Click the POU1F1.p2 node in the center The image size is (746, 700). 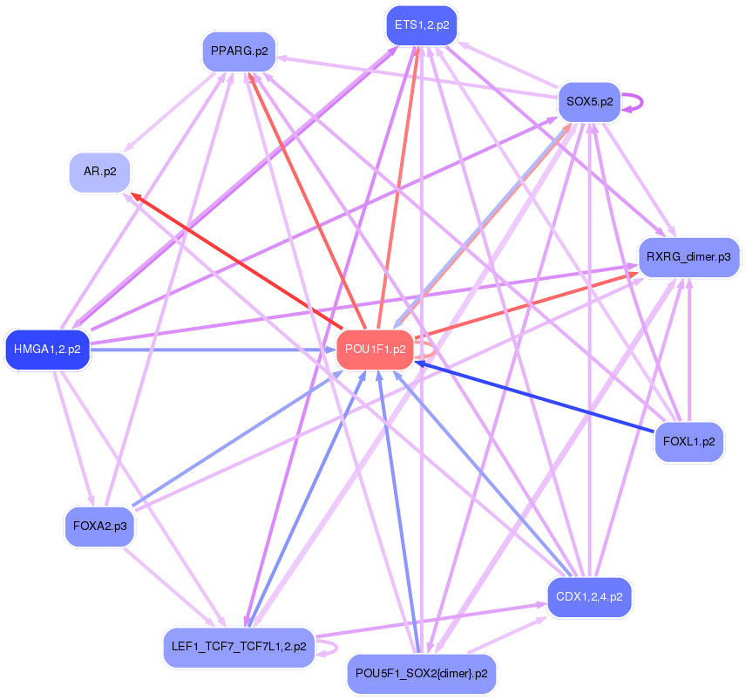pyautogui.click(x=375, y=350)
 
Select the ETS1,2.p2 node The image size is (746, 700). pyautogui.click(x=422, y=25)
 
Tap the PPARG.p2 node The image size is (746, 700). pyautogui.click(x=238, y=51)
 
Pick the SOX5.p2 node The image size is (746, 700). pyautogui.click(x=588, y=102)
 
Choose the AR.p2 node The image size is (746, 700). pyautogui.click(x=99, y=172)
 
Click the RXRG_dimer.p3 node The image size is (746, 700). pyautogui.click(x=688, y=257)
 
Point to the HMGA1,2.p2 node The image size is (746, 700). pyautogui.click(x=47, y=350)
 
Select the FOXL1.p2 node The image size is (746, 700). pyautogui.click(x=688, y=442)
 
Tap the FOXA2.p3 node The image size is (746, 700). pyautogui.click(x=99, y=527)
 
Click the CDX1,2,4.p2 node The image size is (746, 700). pyautogui.click(x=589, y=597)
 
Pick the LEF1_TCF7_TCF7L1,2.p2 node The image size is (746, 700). pyautogui.click(x=238, y=647)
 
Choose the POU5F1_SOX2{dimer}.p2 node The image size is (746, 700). pyautogui.click(x=422, y=674)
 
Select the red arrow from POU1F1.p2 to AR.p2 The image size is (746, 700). pyautogui.click(x=235, y=262)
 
